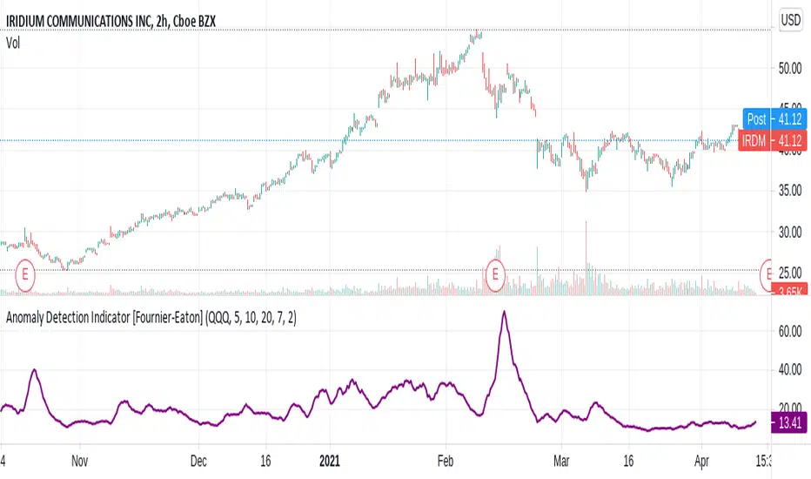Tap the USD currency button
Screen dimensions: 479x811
(x=789, y=18)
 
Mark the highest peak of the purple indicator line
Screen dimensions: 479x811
(x=504, y=312)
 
